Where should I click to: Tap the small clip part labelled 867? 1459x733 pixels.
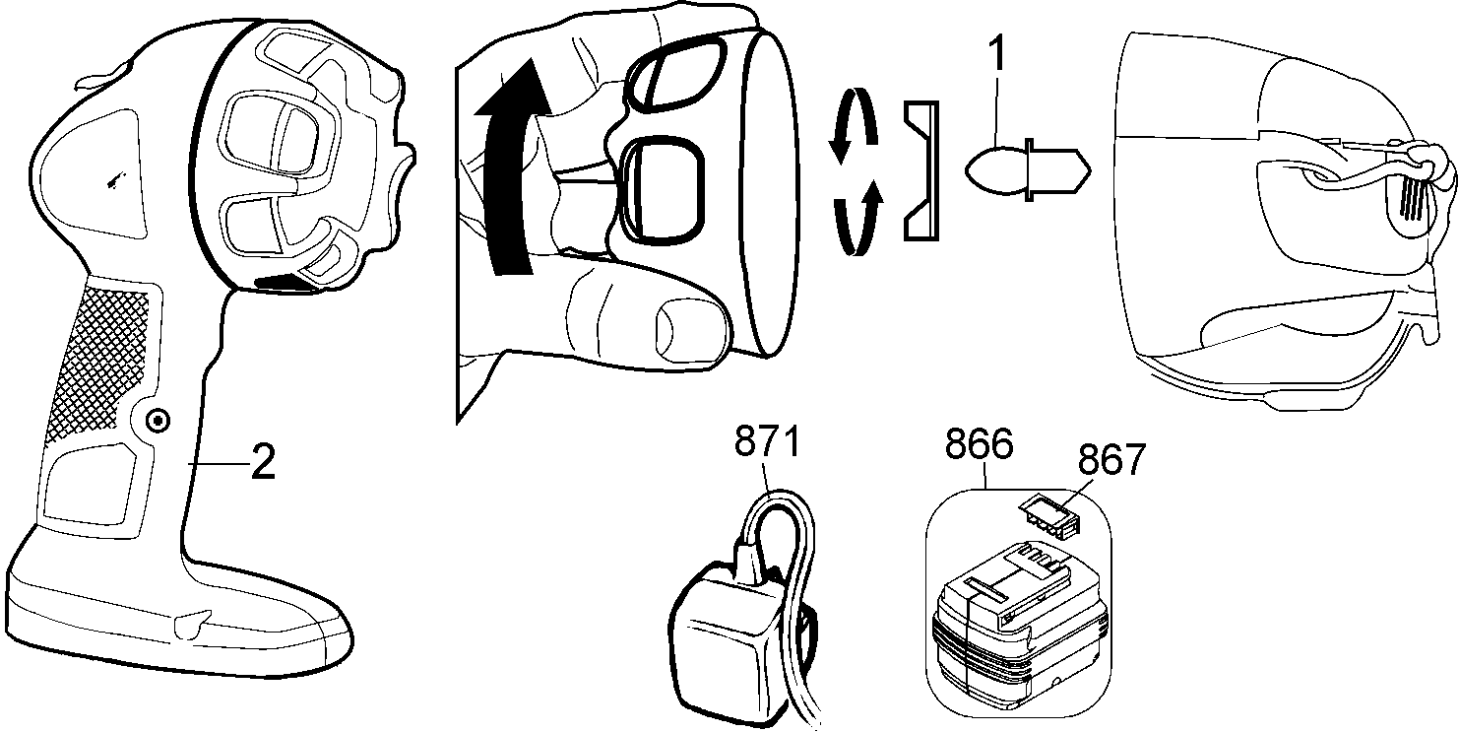tap(1046, 517)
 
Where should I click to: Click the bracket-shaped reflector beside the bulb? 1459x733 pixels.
tap(922, 172)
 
